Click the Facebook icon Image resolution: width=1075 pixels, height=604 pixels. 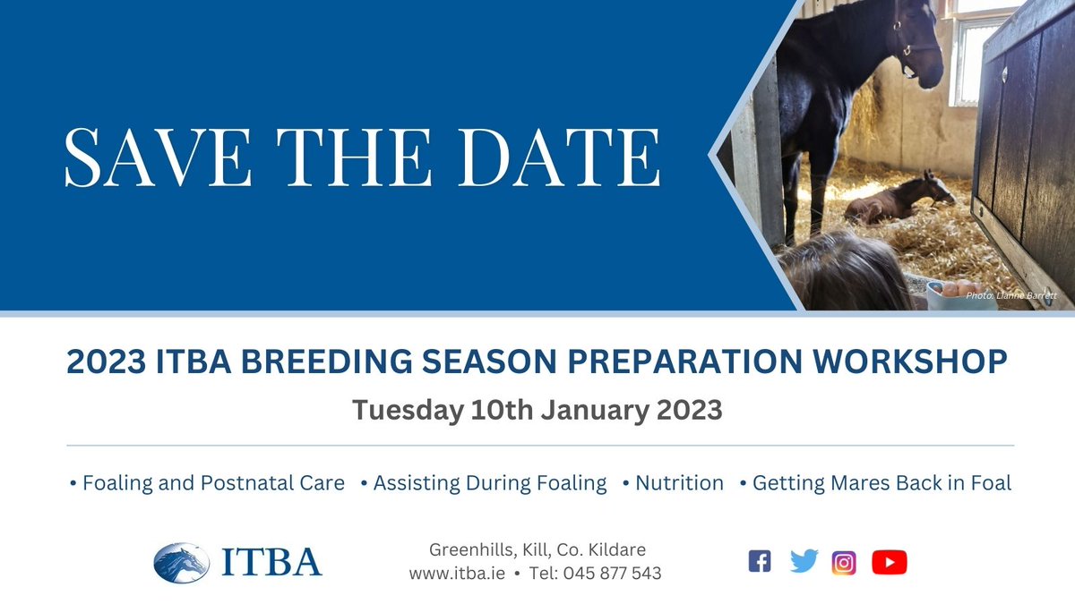point(760,561)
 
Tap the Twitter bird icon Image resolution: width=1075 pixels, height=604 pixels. point(804,561)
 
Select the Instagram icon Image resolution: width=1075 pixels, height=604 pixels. point(844,563)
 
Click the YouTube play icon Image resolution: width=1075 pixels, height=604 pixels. point(890,562)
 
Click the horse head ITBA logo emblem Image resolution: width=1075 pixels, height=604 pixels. point(181,563)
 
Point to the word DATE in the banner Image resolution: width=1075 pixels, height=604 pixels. point(560,157)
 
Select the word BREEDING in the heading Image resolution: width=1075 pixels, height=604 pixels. point(326,361)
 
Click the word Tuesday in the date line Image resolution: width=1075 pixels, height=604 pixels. point(408,411)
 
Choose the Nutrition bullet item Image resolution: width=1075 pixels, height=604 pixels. point(674,482)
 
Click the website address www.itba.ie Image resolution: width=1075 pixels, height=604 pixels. point(457,574)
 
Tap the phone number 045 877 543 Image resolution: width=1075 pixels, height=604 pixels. point(613,574)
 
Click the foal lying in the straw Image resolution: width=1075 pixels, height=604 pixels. point(899,198)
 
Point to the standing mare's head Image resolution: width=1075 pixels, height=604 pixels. point(916,46)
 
